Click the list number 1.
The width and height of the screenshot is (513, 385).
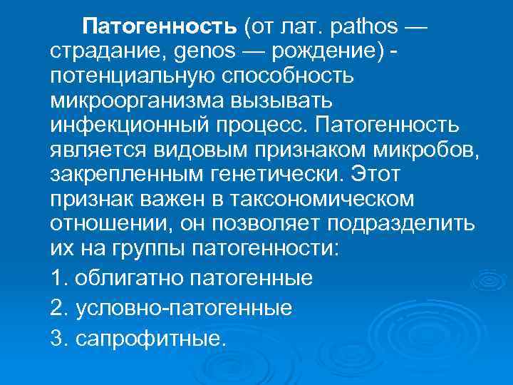pyautogui.click(x=57, y=277)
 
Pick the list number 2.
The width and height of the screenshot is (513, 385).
pyautogui.click(x=58, y=308)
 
